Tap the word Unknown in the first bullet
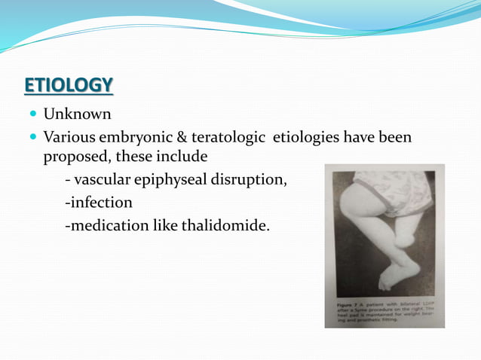click(x=77, y=114)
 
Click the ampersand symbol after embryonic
click(x=170, y=138)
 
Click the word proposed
click(x=74, y=157)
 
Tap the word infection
click(x=100, y=203)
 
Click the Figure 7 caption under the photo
click(x=384, y=312)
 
